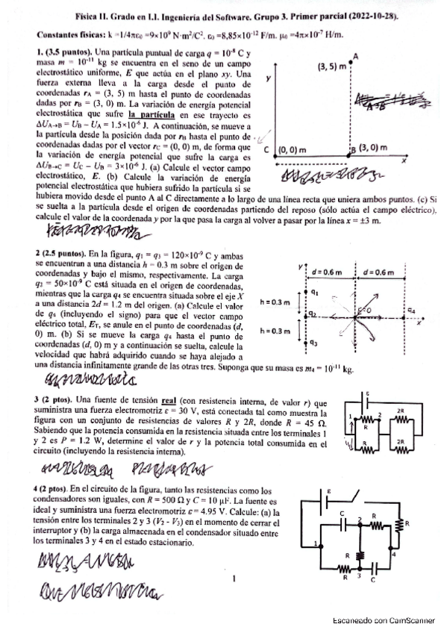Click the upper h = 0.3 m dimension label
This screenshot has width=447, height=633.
276,302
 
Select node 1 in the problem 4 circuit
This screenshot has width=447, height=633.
316,542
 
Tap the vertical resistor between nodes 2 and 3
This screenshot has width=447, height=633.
360,555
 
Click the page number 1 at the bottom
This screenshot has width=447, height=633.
234,577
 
